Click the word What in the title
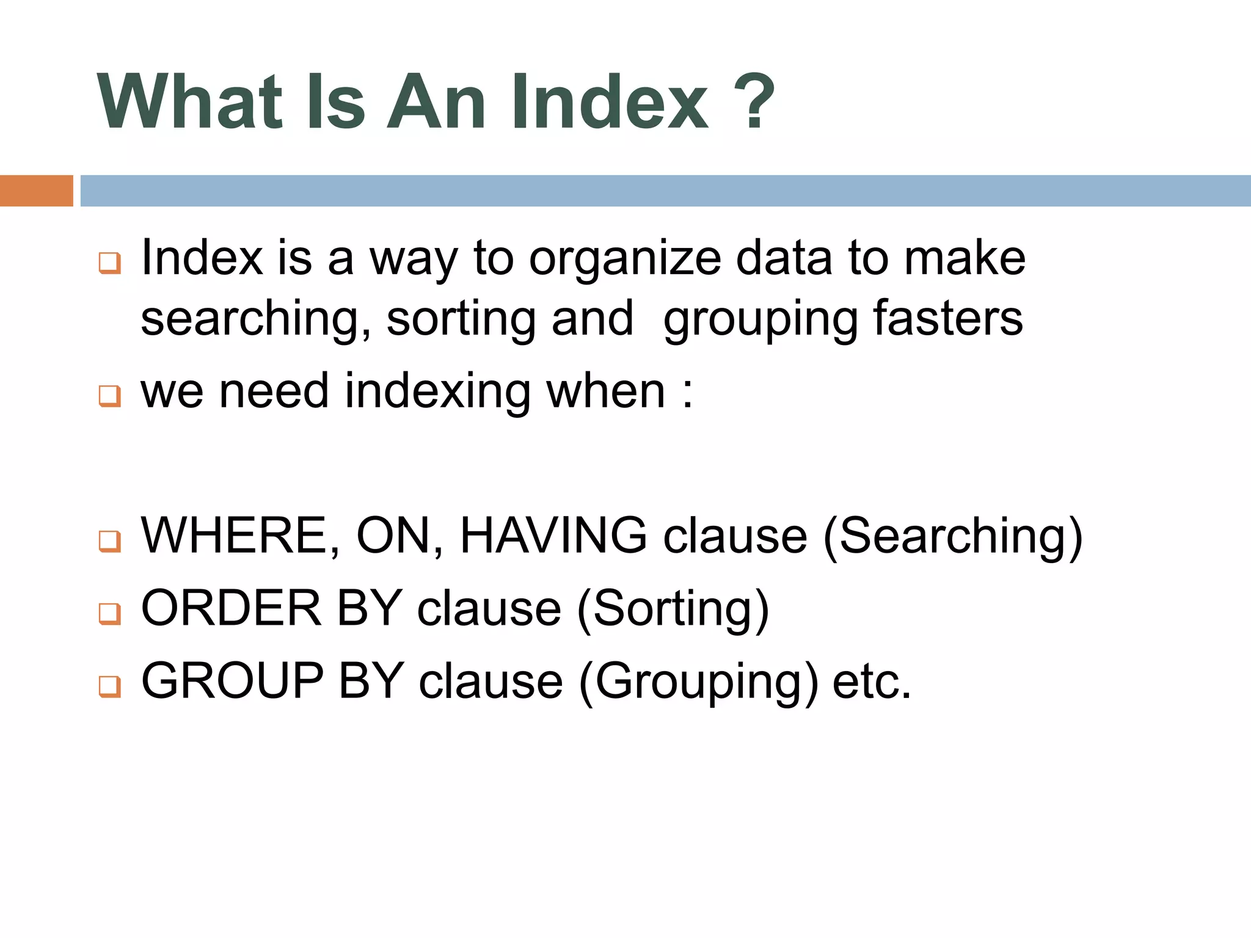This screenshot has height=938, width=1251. pos(190,102)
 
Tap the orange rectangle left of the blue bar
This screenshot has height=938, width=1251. pos(36,191)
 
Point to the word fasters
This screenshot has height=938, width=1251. pos(947,318)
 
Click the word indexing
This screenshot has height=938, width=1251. pos(437,391)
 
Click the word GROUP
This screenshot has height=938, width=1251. pos(232,680)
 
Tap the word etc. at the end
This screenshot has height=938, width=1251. pos(872,682)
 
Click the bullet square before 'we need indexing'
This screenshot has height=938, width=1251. pos(110,396)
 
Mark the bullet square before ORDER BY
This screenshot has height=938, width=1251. pos(110,613)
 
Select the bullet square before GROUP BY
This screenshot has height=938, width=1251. pos(110,686)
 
